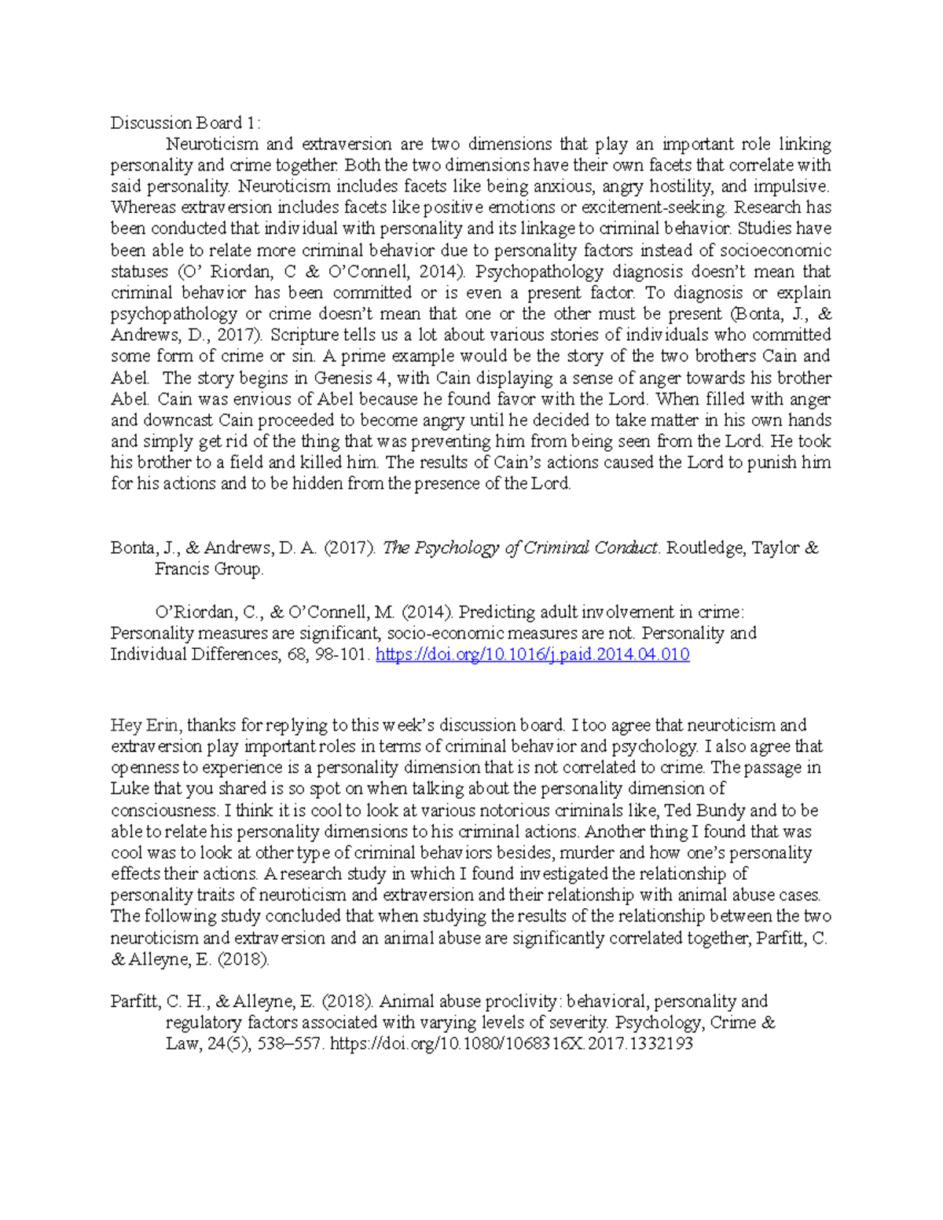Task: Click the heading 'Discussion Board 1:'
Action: coord(184,123)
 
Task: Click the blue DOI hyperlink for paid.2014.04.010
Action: coord(532,654)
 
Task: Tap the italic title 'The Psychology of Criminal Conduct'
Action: coord(519,548)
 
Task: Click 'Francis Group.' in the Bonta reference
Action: coord(209,570)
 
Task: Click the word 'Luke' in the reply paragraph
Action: coord(129,789)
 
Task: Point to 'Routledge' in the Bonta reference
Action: coord(705,548)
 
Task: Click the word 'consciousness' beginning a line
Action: coord(163,810)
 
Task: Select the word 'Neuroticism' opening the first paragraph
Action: coord(211,145)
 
